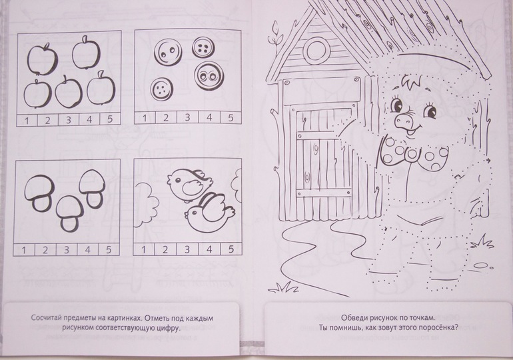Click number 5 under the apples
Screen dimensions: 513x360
(x=110, y=119)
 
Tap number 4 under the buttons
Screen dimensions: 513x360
(x=209, y=117)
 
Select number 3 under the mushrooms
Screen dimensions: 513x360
(x=67, y=250)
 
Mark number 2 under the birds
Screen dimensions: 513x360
(x=165, y=250)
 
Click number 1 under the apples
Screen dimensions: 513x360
(x=27, y=121)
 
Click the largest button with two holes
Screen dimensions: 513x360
(x=169, y=53)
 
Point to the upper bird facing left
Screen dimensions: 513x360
(x=189, y=185)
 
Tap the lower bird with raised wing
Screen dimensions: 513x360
(x=209, y=214)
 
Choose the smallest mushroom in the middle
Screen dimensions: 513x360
(x=69, y=213)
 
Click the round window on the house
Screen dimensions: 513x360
(x=316, y=50)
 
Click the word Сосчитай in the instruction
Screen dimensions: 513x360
(x=46, y=318)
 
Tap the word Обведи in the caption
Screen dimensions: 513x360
(x=353, y=317)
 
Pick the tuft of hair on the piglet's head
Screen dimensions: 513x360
(x=413, y=82)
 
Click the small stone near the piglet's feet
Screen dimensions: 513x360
(x=485, y=265)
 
